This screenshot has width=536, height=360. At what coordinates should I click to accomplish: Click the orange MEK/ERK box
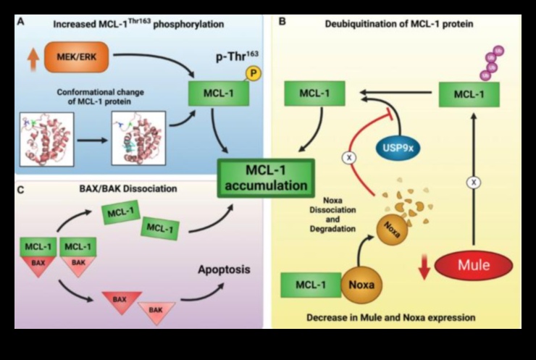click(75, 55)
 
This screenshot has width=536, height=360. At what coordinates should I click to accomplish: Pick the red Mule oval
click(474, 265)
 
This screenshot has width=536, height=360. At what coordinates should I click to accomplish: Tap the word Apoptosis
click(225, 269)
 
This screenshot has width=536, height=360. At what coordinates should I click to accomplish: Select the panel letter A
click(21, 22)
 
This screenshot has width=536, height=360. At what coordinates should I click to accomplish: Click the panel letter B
click(282, 22)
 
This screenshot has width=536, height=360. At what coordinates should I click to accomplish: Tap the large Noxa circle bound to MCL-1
click(360, 285)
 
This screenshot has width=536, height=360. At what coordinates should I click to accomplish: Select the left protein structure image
click(48, 138)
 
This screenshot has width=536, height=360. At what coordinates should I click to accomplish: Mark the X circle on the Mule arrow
click(474, 183)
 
